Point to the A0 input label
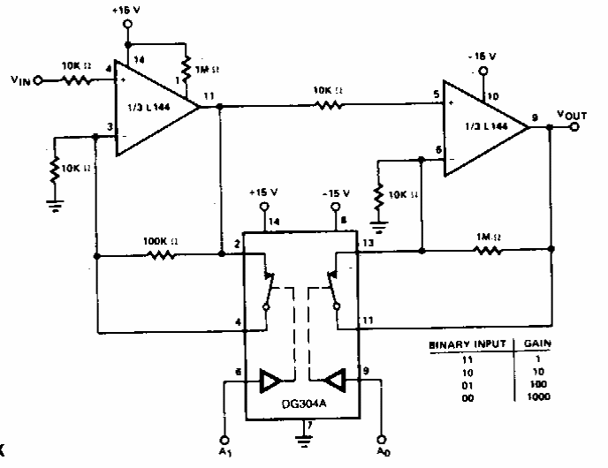pyautogui.click(x=382, y=453)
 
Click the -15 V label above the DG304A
pyautogui.click(x=337, y=192)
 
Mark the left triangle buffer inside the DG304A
pyautogui.click(x=270, y=381)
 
